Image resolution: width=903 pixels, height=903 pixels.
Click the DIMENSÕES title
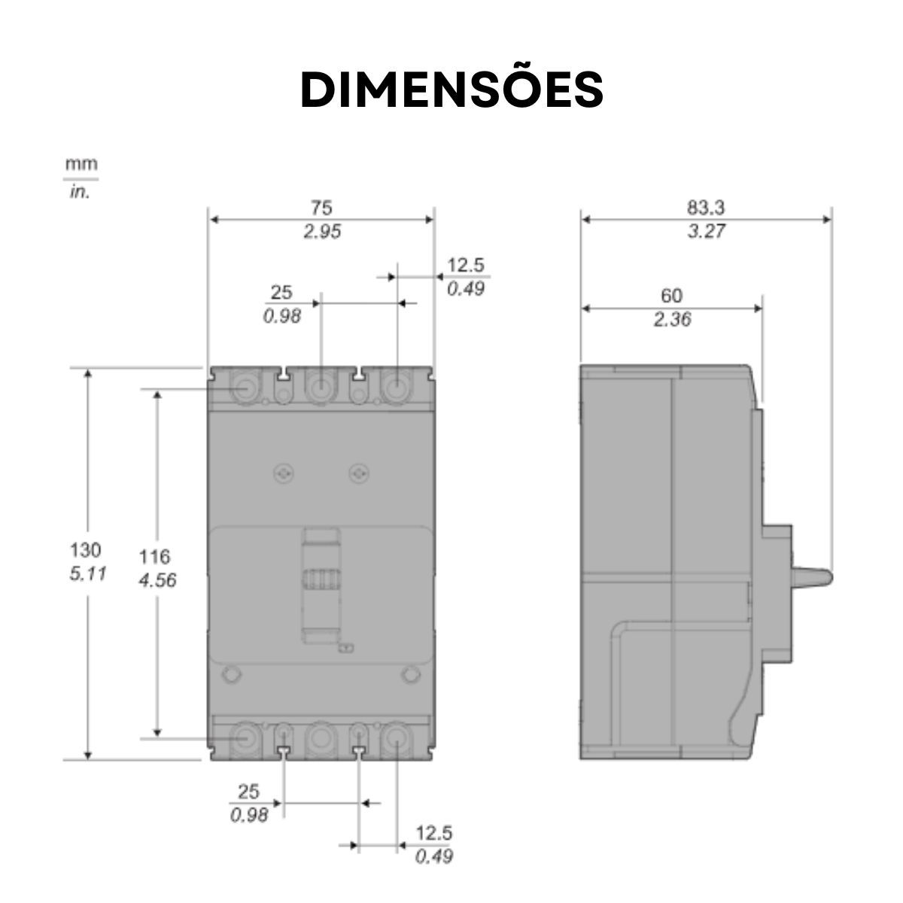point(451,90)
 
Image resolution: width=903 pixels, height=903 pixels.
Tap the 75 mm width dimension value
point(321,208)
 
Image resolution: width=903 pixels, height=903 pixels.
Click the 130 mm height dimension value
point(86,549)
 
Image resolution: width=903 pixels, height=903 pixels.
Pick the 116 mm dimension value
point(154,557)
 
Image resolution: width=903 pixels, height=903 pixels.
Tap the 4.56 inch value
point(157,580)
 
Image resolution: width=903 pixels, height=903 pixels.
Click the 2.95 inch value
point(321,232)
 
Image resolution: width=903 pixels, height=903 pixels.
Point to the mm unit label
point(81,164)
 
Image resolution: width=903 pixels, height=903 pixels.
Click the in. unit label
point(80,192)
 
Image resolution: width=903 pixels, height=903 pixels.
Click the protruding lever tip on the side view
point(820,577)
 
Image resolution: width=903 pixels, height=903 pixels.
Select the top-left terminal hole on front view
point(245,388)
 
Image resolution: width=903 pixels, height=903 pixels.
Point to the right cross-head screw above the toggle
point(359,473)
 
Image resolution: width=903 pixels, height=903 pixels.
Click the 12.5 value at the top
point(466,265)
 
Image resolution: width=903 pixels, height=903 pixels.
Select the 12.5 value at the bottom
point(434,833)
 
